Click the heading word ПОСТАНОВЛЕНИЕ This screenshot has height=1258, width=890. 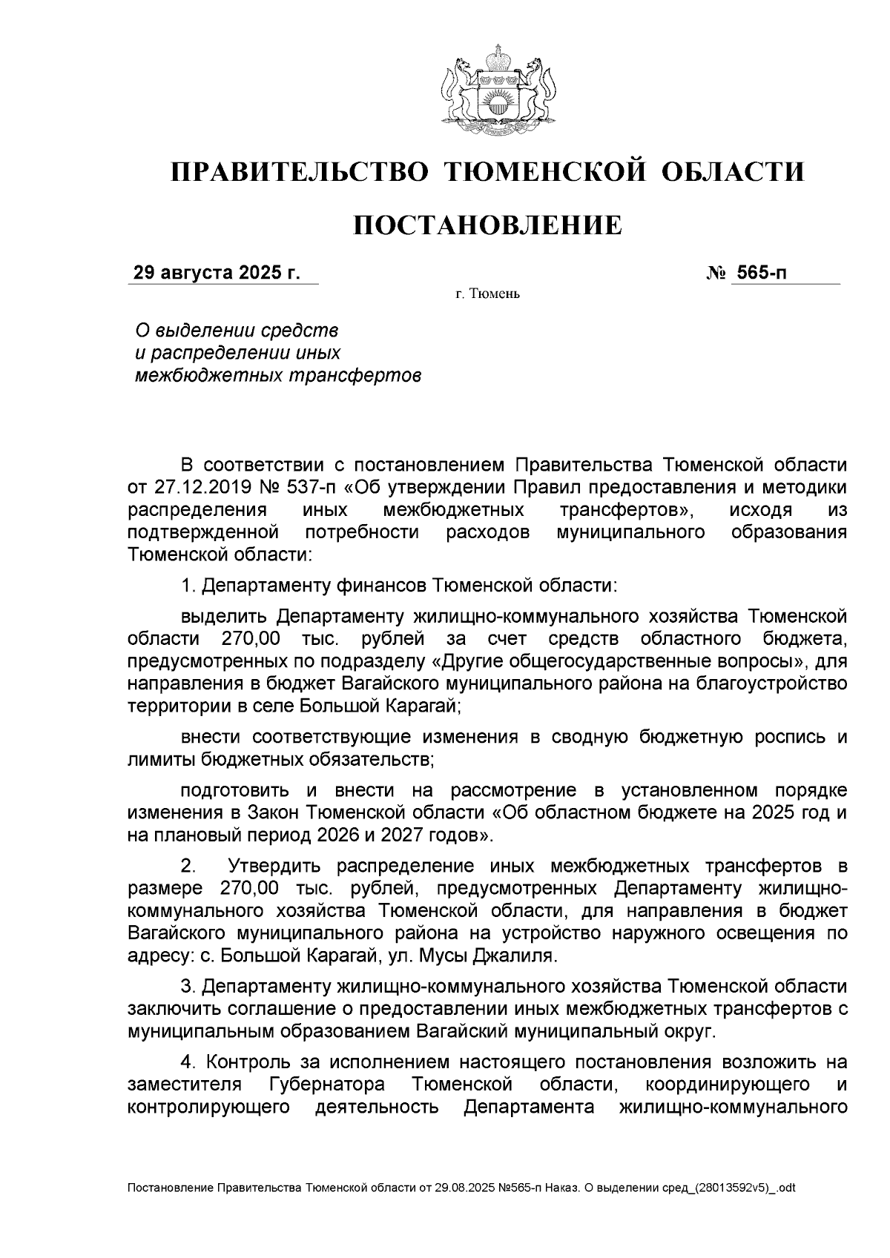click(x=487, y=225)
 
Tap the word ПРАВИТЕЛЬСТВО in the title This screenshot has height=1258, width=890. click(x=300, y=172)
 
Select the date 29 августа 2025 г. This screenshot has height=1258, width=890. click(x=217, y=273)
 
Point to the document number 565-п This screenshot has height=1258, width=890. click(x=760, y=273)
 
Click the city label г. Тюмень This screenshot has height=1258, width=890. click(x=487, y=295)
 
